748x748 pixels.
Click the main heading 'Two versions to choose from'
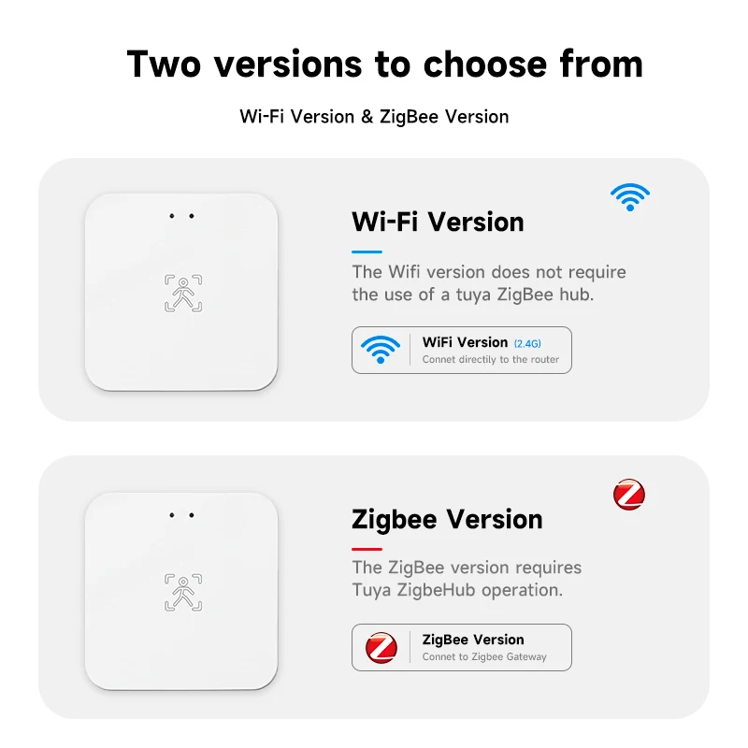click(384, 65)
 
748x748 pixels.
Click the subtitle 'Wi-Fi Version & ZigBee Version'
click(374, 117)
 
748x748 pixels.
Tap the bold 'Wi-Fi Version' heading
click(438, 223)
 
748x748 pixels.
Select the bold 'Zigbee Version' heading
click(447, 520)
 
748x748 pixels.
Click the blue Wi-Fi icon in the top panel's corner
click(630, 196)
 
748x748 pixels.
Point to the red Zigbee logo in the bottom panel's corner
click(629, 495)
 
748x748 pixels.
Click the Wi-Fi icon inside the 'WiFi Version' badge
click(381, 350)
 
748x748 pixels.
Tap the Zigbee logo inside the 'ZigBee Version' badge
click(381, 647)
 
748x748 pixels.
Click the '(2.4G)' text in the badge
click(529, 343)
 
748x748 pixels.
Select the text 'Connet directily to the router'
click(491, 360)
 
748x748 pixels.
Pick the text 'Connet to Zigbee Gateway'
click(484, 657)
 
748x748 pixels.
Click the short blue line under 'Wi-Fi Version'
click(367, 252)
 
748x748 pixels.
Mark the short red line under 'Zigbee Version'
click(367, 549)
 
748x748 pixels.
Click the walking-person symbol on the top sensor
click(183, 293)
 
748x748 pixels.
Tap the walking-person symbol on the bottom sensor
click(183, 592)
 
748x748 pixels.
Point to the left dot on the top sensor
click(172, 217)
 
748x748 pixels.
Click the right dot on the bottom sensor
click(192, 515)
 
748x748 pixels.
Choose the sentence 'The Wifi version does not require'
click(489, 272)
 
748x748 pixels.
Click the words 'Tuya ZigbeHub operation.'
click(457, 590)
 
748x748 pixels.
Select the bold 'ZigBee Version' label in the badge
click(473, 640)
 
